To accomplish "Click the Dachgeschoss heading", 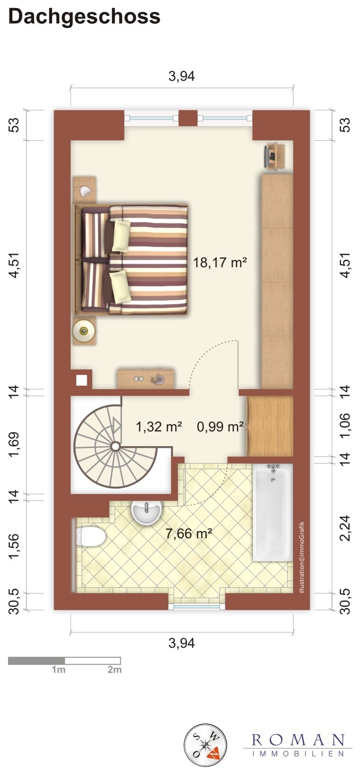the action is click(84, 17).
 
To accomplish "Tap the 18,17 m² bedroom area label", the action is click(220, 262).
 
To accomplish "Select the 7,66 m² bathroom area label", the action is click(189, 533).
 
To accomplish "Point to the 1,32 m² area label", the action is click(159, 427).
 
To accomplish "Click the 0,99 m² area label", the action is click(221, 427).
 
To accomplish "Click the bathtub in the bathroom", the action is click(273, 512).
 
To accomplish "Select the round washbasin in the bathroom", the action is click(147, 513).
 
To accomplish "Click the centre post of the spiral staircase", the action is click(115, 447).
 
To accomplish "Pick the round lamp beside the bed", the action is click(83, 331).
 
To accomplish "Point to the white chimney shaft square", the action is click(82, 380).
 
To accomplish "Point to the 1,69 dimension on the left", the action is click(15, 444).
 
